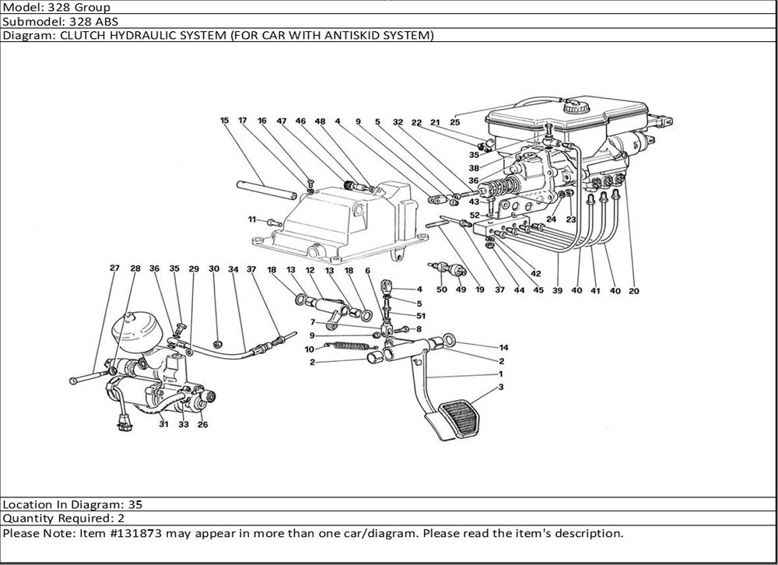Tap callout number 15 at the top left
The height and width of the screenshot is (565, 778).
[224, 121]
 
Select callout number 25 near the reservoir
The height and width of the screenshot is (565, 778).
[455, 122]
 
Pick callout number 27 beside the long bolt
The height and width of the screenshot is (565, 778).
[114, 269]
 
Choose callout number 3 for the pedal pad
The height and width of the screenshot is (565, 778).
[502, 387]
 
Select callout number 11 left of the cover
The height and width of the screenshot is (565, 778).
[252, 219]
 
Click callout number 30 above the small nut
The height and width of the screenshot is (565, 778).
[214, 269]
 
